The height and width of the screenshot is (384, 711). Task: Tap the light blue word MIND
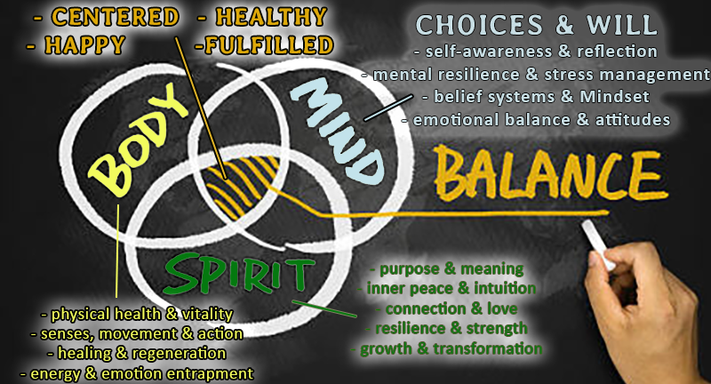coord(337,131)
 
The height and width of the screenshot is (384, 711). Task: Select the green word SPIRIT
coord(239,274)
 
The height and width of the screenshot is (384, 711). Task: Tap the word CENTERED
coord(116,18)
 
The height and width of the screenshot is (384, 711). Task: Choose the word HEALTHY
coord(271,17)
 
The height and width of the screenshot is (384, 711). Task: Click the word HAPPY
coord(84,44)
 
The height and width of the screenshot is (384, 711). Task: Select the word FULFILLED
coord(269,45)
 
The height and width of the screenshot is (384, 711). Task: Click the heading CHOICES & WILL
coord(537,25)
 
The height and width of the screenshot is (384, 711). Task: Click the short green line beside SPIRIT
coord(324,308)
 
